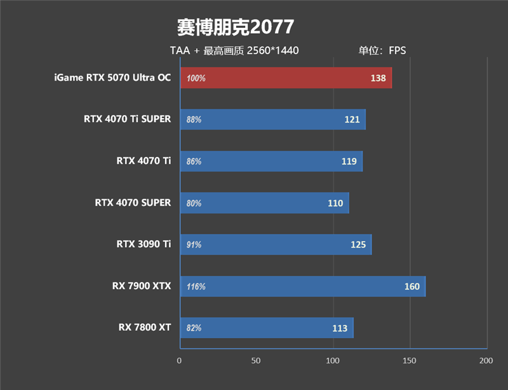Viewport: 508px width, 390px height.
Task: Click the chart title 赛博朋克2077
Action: click(235, 27)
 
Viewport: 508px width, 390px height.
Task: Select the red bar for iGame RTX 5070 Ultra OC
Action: click(286, 78)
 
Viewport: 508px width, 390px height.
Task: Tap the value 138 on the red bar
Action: click(378, 78)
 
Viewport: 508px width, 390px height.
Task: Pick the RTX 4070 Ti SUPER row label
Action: click(127, 119)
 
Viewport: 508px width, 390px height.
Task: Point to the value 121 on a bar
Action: click(352, 119)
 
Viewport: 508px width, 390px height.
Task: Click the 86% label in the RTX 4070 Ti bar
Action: click(194, 161)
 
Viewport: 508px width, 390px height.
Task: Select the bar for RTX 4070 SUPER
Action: click(264, 203)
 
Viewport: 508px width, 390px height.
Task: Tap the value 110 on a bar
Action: click(335, 203)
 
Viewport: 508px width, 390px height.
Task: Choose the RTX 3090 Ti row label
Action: click(144, 244)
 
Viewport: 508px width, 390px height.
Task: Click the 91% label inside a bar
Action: click(194, 245)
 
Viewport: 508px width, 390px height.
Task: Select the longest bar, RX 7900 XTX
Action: click(302, 286)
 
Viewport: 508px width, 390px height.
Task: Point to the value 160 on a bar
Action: click(411, 286)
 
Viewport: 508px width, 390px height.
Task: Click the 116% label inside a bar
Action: click(196, 286)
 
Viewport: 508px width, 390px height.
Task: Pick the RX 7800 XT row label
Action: click(144, 328)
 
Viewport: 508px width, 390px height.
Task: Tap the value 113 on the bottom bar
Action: click(340, 328)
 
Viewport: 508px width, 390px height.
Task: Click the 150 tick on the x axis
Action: click(410, 361)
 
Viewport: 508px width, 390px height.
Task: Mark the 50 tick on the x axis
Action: click(256, 361)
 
